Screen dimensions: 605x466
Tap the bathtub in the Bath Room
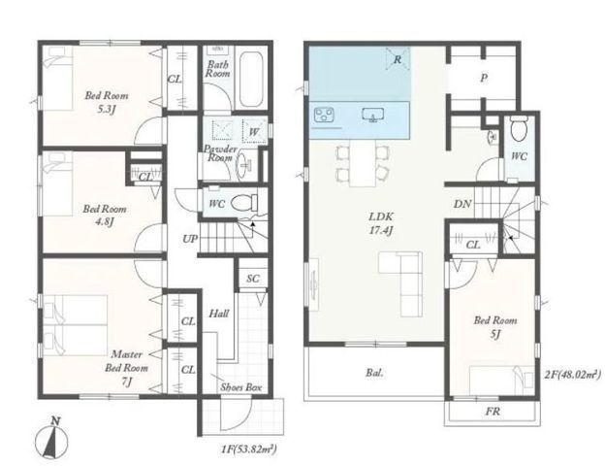[x=251, y=80]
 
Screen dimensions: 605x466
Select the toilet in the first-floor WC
[x=244, y=202]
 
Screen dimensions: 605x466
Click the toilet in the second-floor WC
[x=520, y=129]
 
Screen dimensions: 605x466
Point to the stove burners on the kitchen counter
[x=324, y=115]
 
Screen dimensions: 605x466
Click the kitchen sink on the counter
[x=372, y=115]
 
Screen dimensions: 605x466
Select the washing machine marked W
[x=254, y=131]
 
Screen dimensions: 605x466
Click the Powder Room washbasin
[x=243, y=166]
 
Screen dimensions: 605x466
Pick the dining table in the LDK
[x=363, y=163]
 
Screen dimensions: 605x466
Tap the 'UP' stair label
[x=190, y=239]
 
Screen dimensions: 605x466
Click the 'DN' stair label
[x=462, y=204]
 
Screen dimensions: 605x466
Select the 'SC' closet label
[x=253, y=279]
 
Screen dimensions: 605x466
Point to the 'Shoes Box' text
[x=241, y=387]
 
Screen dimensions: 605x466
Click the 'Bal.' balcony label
[x=375, y=373]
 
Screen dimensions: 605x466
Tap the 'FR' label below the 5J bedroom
[x=494, y=412]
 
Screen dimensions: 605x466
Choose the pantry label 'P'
[x=484, y=79]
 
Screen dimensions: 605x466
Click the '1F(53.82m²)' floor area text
[x=249, y=449]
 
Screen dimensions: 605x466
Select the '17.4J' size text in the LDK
[x=381, y=231]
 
